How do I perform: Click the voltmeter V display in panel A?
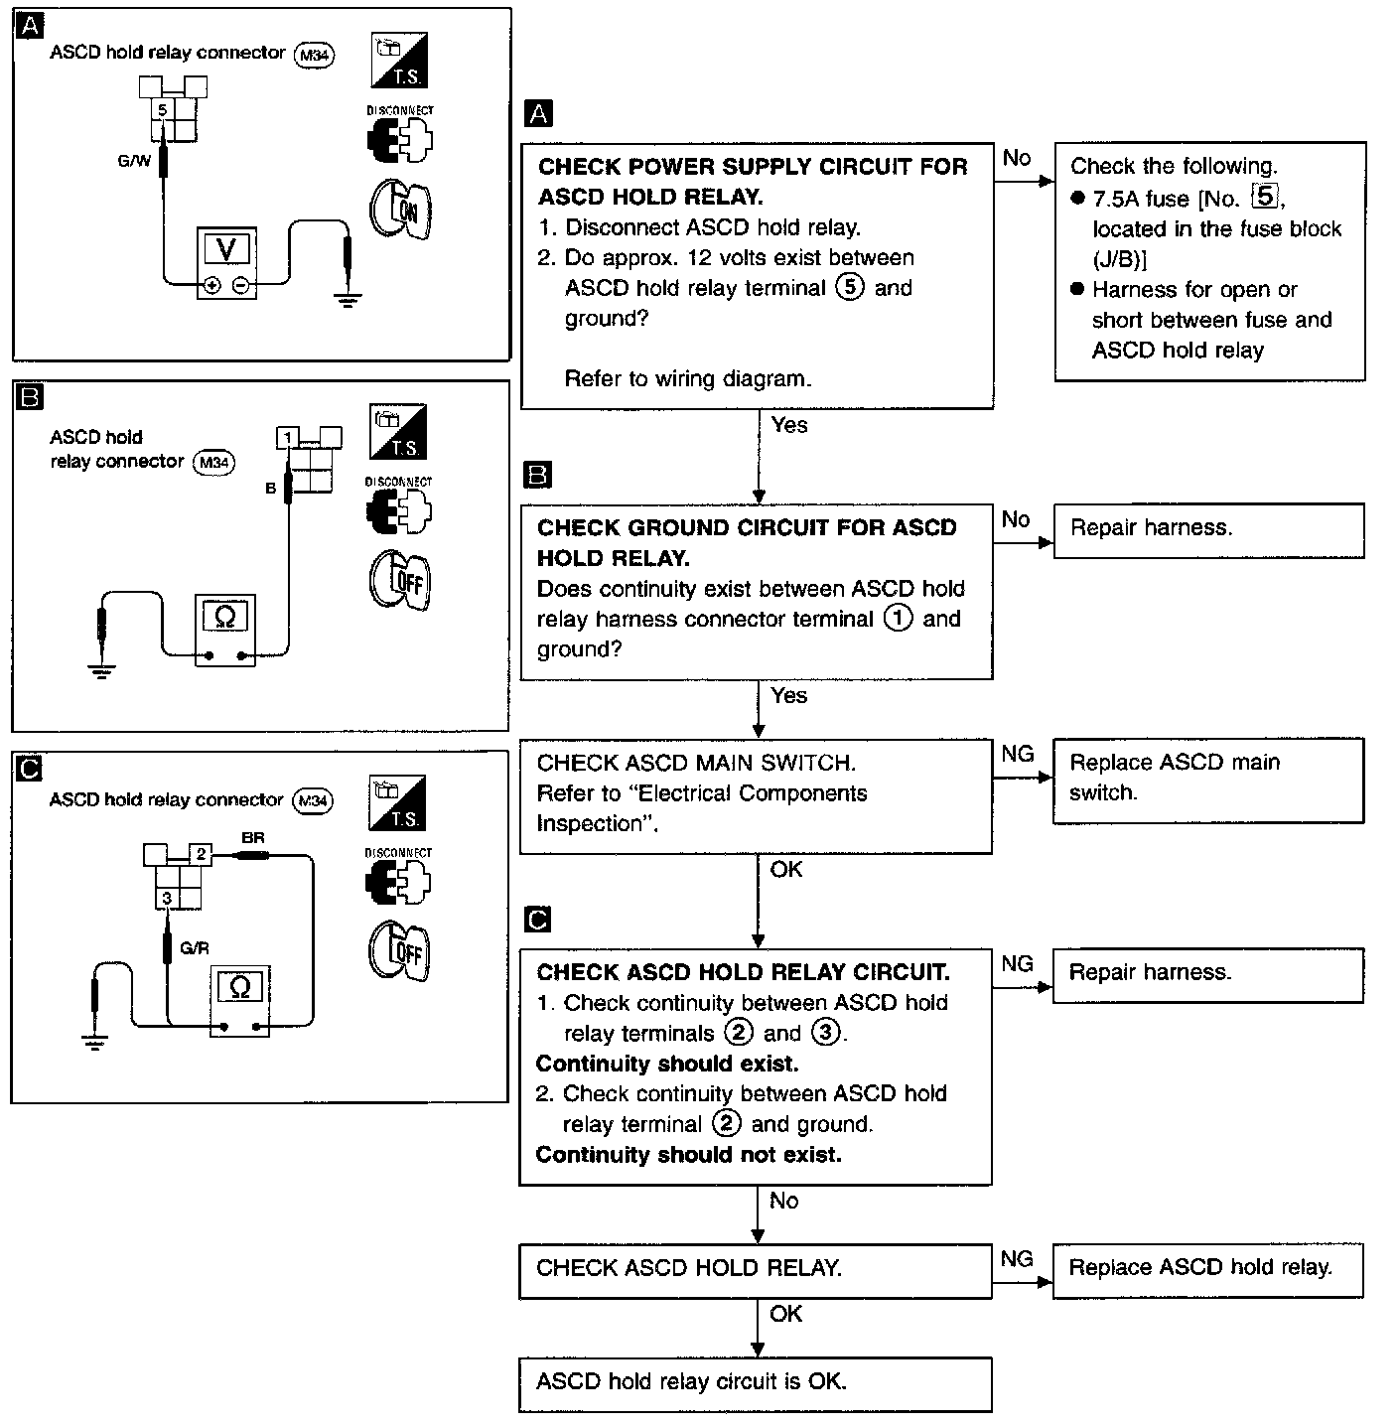tap(226, 249)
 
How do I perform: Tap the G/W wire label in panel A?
tap(134, 159)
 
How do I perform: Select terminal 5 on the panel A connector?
tap(163, 109)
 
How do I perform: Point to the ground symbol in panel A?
tap(347, 299)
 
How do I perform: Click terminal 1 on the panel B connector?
tap(287, 438)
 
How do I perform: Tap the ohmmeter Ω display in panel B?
tap(225, 618)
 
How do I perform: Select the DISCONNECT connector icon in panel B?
tap(399, 509)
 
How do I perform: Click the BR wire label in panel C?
tap(253, 838)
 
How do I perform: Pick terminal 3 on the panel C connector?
tap(167, 898)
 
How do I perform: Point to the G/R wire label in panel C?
tap(195, 948)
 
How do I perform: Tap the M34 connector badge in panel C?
tap(314, 801)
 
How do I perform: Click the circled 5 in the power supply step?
tap(850, 288)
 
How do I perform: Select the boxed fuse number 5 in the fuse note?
tap(1264, 197)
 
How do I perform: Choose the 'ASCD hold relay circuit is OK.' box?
tap(755, 1382)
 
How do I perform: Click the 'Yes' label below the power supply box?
tap(789, 425)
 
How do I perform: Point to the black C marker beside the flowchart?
tap(537, 920)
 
